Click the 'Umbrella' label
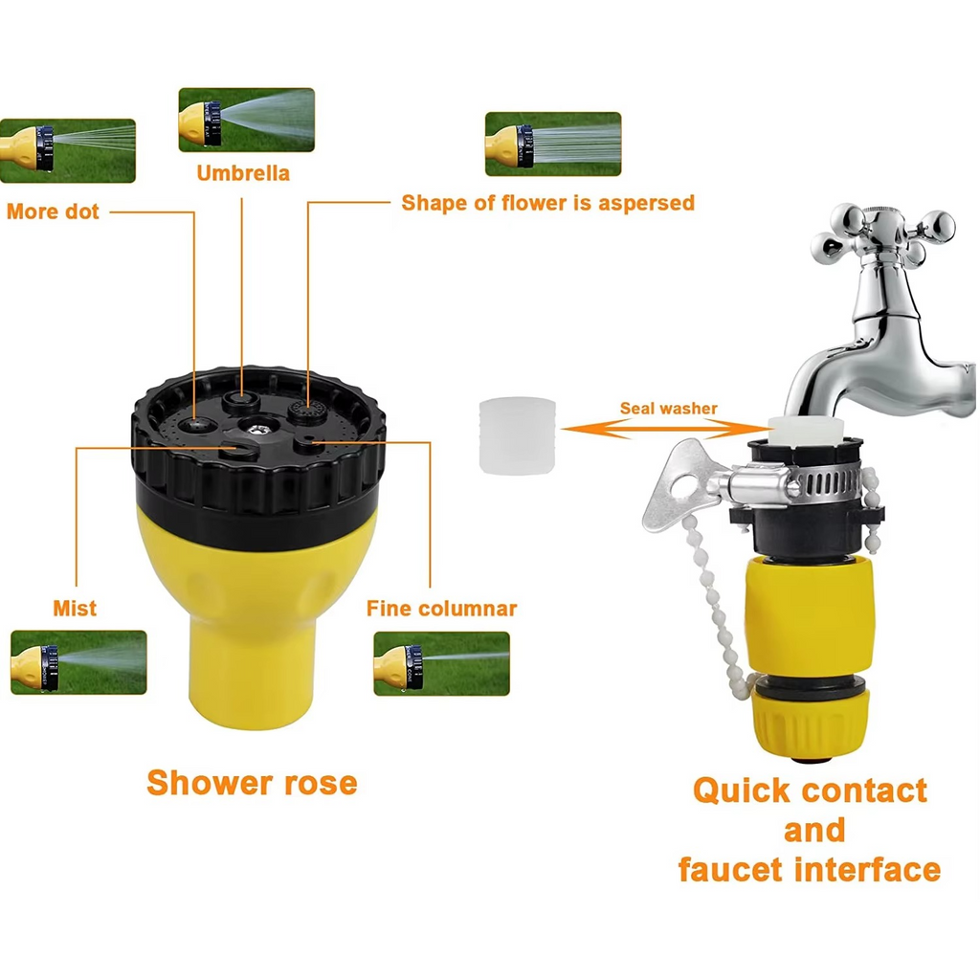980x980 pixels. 243,173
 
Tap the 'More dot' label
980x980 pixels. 53,212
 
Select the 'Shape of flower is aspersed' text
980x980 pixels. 547,203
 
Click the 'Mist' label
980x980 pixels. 75,609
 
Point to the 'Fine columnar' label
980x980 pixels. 441,609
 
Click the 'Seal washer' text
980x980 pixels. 668,409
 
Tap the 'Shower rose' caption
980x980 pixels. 252,782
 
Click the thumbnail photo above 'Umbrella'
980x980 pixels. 246,120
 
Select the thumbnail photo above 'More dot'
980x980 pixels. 68,150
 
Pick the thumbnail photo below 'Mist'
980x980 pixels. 78,661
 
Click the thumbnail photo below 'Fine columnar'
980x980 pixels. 441,662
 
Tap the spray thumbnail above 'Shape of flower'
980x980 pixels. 552,144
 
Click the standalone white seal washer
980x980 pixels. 517,435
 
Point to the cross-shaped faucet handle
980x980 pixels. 882,235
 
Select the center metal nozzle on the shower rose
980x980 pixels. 255,423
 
